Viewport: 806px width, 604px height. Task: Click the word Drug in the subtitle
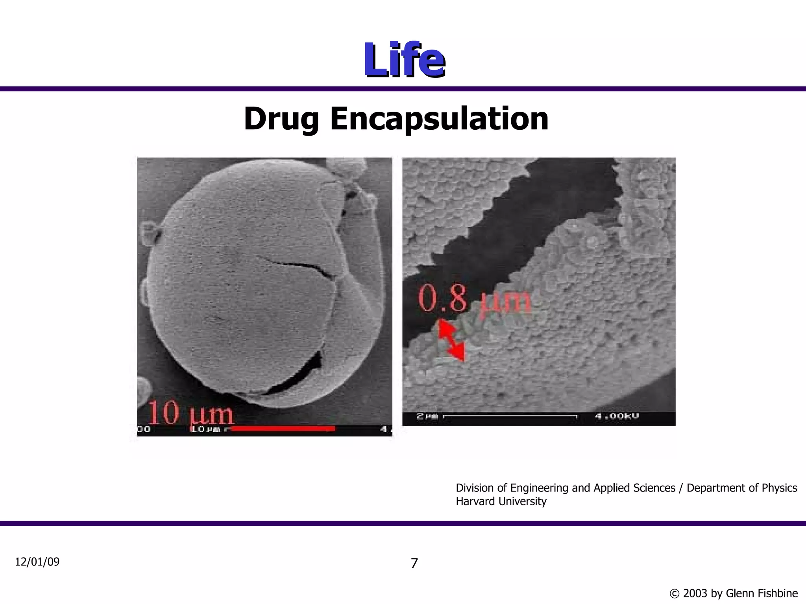(281, 119)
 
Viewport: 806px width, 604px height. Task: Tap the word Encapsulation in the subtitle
(439, 119)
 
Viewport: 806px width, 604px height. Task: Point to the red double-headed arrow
(451, 340)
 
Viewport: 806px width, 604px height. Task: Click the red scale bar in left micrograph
(283, 429)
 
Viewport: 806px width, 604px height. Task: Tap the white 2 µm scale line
(510, 416)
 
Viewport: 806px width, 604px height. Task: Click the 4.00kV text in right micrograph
(617, 416)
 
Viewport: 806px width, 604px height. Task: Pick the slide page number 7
(414, 563)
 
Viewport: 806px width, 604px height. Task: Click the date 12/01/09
(37, 562)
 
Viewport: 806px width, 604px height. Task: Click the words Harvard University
(501, 502)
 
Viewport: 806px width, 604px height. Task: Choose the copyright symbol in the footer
(674, 593)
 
